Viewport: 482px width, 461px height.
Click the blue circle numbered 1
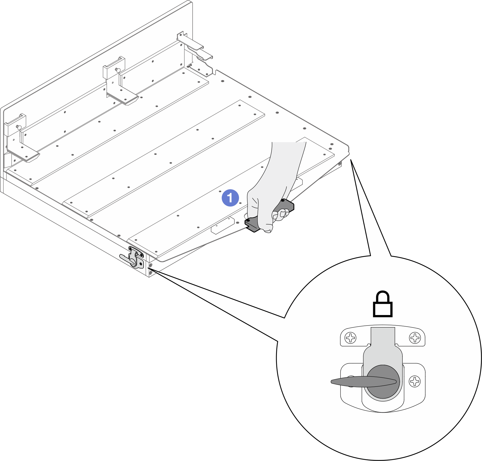click(x=230, y=198)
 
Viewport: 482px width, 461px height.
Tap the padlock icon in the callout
click(x=383, y=304)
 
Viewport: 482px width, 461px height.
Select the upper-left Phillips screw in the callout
click(x=351, y=338)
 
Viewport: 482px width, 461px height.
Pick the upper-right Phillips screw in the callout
click(x=415, y=338)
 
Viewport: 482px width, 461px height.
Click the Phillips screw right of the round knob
click(x=415, y=381)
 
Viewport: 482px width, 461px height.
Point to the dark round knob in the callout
click(x=383, y=382)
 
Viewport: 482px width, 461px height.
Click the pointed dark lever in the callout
click(x=363, y=381)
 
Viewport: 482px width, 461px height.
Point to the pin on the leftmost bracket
click(x=19, y=127)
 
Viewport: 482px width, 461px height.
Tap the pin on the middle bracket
click(x=118, y=70)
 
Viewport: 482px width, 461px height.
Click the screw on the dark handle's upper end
click(x=283, y=200)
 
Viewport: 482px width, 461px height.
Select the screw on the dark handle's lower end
click(x=248, y=220)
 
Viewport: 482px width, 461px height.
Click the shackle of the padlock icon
click(x=383, y=296)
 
